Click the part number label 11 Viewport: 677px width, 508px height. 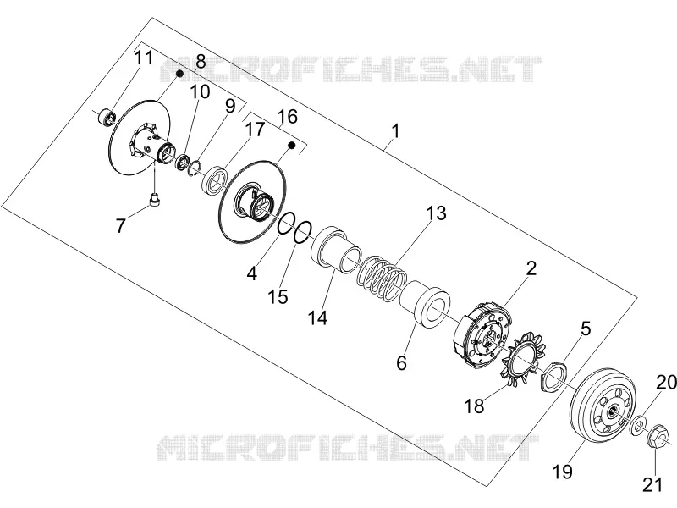tap(143, 58)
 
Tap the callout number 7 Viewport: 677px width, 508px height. tap(120, 225)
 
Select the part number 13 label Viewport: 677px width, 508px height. tap(436, 213)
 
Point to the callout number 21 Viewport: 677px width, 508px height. tap(652, 484)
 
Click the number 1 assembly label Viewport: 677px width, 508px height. tap(395, 131)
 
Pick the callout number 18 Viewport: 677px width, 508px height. tap(474, 406)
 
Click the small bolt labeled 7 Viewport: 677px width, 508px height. tap(154, 201)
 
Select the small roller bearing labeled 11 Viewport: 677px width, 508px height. tap(107, 117)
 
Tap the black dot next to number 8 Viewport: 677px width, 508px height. tap(179, 74)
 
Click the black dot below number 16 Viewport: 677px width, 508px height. tap(291, 146)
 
